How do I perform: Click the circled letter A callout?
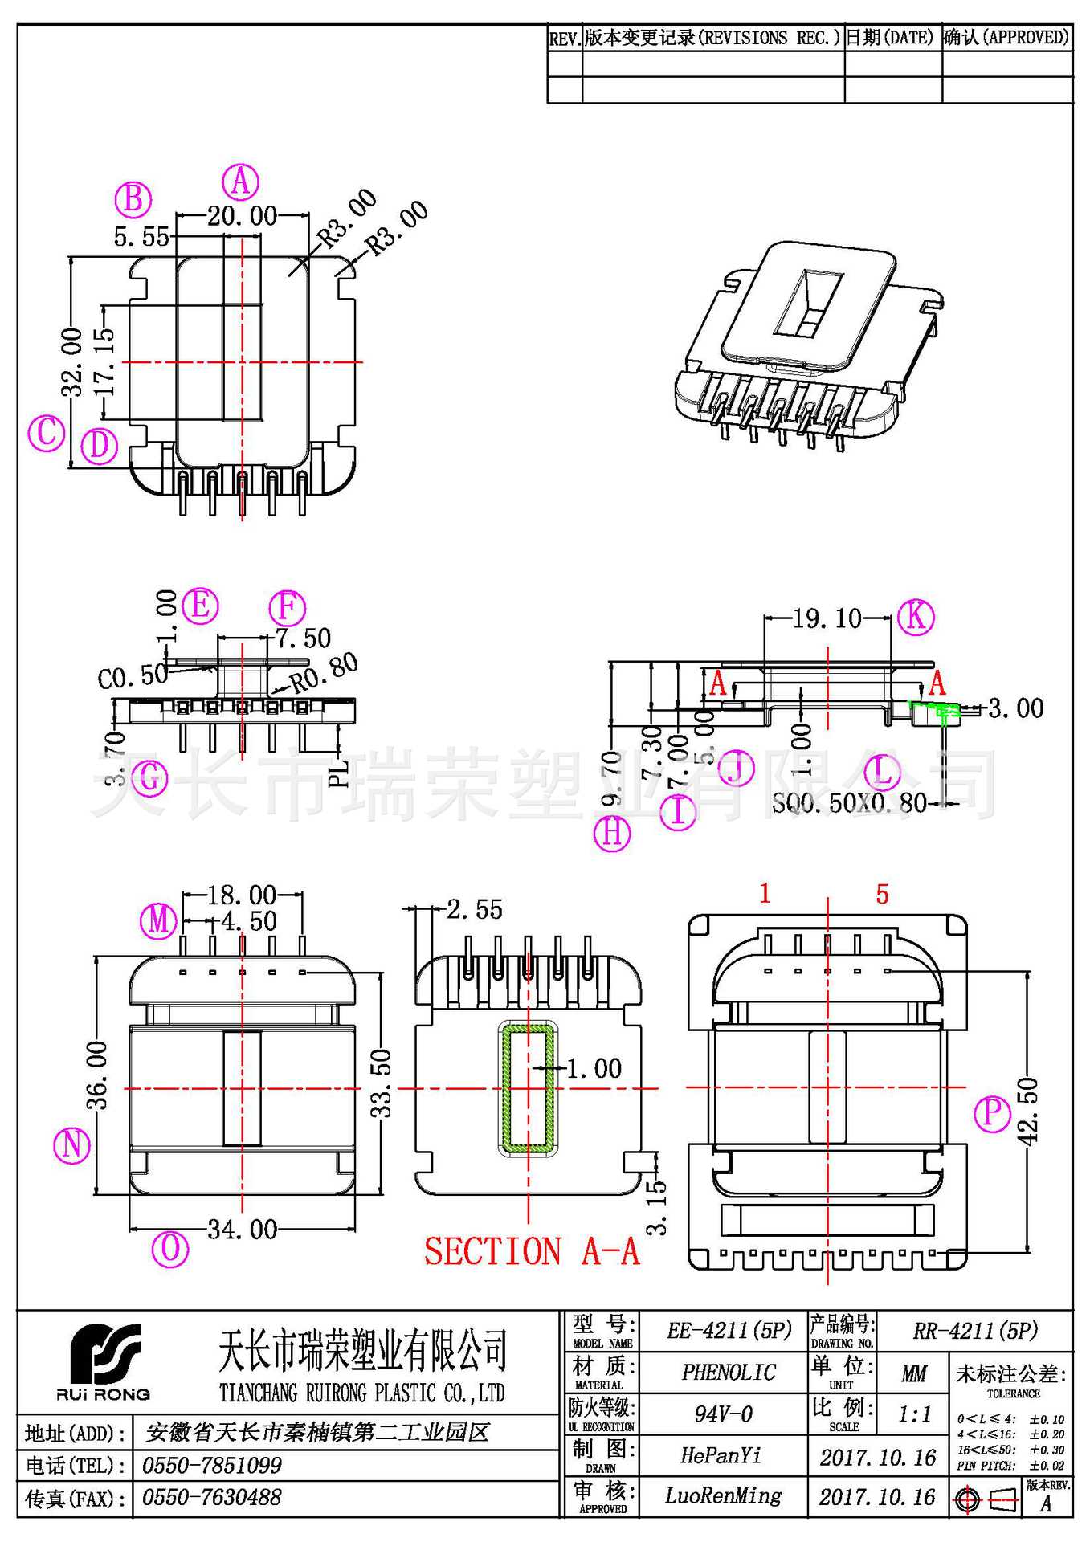click(x=240, y=182)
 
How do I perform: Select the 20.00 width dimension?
click(x=242, y=216)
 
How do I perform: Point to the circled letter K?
click(x=916, y=617)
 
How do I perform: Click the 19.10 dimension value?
click(x=827, y=618)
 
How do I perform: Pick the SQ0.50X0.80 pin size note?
click(x=849, y=802)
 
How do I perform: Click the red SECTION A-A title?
click(x=532, y=1251)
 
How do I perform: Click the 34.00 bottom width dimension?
click(x=243, y=1229)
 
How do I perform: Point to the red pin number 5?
click(x=882, y=895)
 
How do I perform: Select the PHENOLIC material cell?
click(x=729, y=1373)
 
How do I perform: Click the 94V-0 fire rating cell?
click(x=724, y=1414)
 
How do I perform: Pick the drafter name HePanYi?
click(x=721, y=1455)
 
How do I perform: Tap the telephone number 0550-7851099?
click(x=212, y=1466)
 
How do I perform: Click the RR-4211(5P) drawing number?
click(x=975, y=1331)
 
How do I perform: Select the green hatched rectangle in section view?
click(x=528, y=1089)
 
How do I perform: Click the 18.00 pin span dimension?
click(x=241, y=895)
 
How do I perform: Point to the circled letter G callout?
click(x=149, y=777)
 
